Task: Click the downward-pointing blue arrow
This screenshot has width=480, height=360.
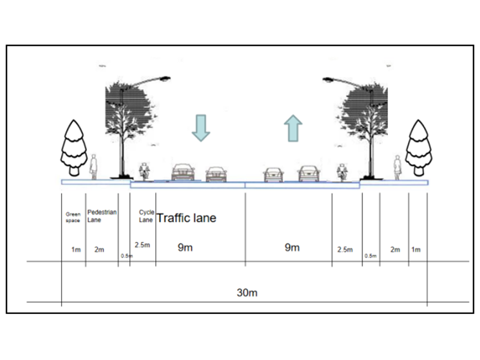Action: pos(200,127)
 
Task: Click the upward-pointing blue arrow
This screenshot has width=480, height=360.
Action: pos(292,127)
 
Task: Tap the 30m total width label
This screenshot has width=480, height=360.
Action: pos(247,292)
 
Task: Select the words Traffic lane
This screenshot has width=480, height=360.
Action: pos(186,217)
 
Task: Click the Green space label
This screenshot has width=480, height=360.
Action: pos(73,216)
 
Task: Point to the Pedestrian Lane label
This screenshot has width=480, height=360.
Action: pos(101,216)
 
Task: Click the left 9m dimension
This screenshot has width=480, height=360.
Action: pos(185,248)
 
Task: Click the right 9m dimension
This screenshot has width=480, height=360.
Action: pos(292,248)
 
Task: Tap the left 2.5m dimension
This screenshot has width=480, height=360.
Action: pos(142,246)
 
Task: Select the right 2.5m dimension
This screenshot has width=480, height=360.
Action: pos(345,249)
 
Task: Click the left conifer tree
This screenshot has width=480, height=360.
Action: pos(73,148)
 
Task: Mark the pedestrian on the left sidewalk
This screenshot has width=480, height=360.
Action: pos(93,167)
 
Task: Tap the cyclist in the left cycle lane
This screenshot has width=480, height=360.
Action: pos(144,170)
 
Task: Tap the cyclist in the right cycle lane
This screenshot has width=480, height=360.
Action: pos(342,170)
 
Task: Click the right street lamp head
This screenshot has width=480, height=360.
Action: pos(329,78)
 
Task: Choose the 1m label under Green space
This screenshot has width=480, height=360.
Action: pos(75,249)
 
